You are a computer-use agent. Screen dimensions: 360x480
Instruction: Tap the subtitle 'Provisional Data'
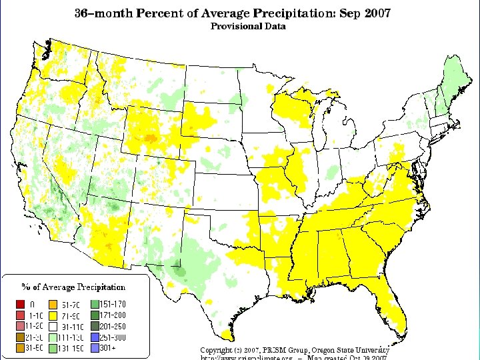tap(248, 27)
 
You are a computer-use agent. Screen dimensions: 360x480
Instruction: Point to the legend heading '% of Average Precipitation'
tap(73, 287)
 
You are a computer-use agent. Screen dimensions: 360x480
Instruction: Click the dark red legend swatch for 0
tap(23, 305)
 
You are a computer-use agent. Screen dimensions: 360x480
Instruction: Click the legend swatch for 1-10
tap(23, 315)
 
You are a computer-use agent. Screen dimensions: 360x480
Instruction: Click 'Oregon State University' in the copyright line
tap(356, 350)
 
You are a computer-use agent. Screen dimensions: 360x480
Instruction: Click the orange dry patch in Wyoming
tap(151, 139)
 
